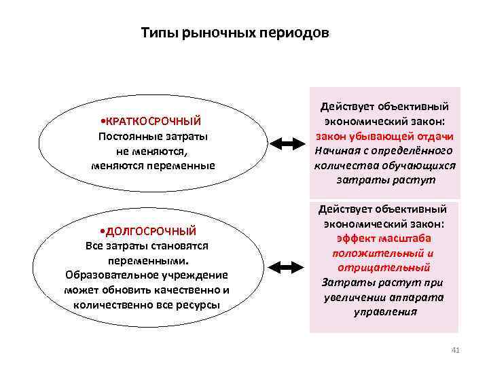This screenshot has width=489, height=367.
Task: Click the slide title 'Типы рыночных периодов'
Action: tap(234, 33)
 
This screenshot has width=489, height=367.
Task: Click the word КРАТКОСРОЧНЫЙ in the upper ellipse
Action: tap(152, 121)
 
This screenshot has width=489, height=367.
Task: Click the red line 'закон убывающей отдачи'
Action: tap(384, 137)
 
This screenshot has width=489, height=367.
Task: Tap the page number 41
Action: tap(455, 350)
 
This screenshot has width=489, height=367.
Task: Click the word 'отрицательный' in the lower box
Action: tap(384, 268)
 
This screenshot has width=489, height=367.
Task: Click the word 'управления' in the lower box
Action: tap(385, 312)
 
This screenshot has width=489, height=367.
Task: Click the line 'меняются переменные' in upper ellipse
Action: tap(153, 165)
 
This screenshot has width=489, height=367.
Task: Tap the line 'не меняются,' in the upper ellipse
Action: tap(153, 151)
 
